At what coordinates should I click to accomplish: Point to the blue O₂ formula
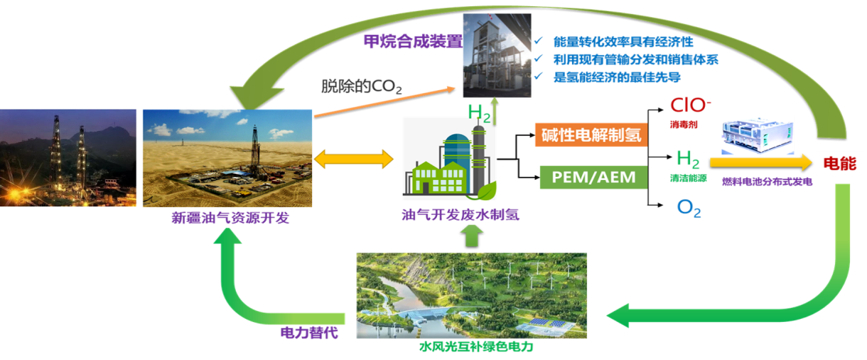tap(688, 208)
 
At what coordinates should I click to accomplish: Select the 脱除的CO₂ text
tap(362, 86)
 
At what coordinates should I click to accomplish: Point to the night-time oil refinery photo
tap(68, 158)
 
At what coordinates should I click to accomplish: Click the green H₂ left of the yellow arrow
tap(688, 160)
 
